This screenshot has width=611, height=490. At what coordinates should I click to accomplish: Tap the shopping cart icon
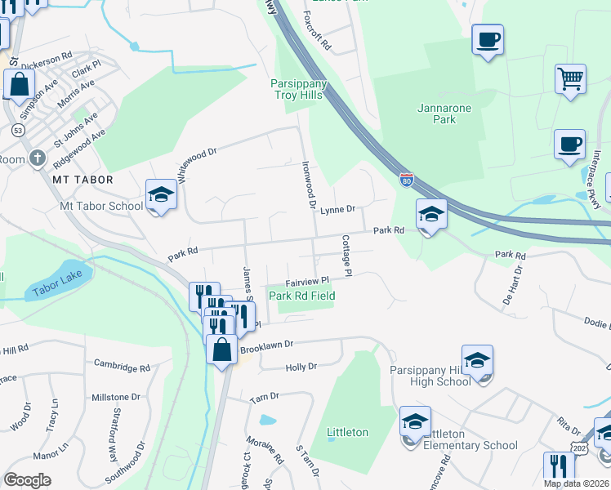click(571, 79)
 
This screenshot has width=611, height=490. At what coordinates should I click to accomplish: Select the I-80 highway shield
click(407, 178)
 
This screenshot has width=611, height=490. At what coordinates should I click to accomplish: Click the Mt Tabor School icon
click(161, 194)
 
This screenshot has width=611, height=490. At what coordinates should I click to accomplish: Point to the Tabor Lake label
click(54, 290)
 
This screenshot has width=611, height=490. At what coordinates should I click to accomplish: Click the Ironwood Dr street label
click(308, 184)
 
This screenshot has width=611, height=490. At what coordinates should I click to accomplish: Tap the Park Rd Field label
click(302, 296)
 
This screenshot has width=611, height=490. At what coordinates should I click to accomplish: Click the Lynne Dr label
click(337, 210)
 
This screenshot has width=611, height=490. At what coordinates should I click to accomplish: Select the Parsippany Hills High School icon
click(477, 360)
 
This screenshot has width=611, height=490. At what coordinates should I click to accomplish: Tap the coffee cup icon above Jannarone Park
click(488, 38)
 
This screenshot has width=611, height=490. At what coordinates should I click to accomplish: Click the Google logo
click(28, 479)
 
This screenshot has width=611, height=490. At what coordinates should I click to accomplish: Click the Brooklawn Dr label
click(265, 349)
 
